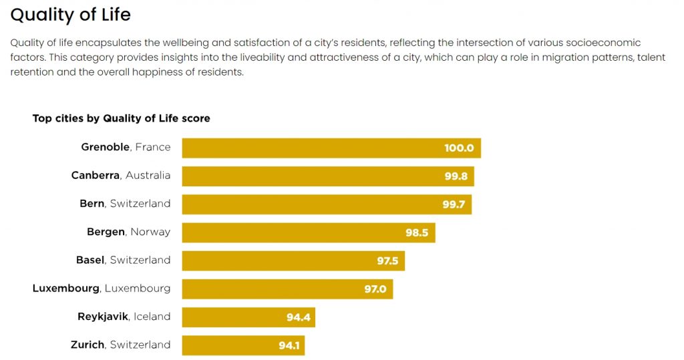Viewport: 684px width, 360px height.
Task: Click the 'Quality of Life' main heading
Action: point(71,14)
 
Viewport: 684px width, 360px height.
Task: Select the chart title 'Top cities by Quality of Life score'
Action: point(121,118)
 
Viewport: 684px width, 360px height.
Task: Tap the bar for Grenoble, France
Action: point(331,148)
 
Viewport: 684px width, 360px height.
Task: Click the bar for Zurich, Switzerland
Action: point(242,345)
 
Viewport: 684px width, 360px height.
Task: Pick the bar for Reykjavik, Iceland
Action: point(248,317)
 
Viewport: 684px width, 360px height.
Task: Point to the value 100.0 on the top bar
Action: point(459,148)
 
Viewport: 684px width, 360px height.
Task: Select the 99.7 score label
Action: point(454,204)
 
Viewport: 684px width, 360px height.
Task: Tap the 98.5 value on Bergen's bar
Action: point(417,233)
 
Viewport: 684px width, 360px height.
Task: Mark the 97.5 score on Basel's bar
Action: point(387,261)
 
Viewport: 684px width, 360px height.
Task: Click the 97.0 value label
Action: point(375,289)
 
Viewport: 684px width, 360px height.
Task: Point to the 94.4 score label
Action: point(299,317)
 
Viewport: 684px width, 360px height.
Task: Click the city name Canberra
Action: point(96,175)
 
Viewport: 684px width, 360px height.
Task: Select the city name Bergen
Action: point(106,232)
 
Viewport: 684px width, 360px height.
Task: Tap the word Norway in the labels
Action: point(150,232)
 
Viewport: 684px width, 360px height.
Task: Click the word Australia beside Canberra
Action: point(148,175)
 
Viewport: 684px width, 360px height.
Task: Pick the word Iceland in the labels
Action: point(152,317)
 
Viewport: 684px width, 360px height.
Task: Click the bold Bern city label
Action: point(92,204)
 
